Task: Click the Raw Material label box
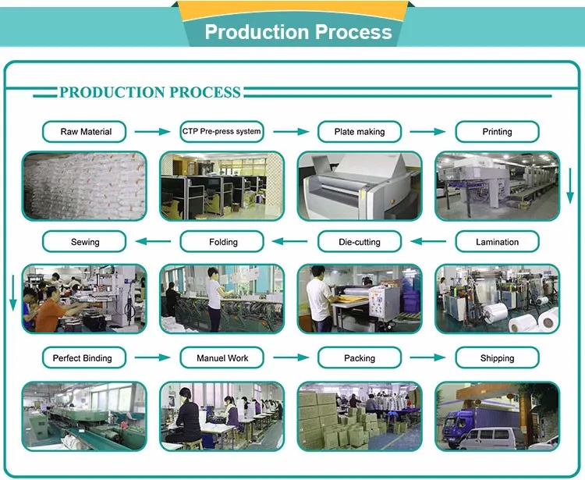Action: pyautogui.click(x=86, y=132)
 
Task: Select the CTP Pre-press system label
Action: pyautogui.click(x=222, y=132)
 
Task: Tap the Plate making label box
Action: pyautogui.click(x=360, y=132)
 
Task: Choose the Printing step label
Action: pyautogui.click(x=497, y=132)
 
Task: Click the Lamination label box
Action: pyautogui.click(x=497, y=242)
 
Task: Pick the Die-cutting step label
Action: pyautogui.click(x=360, y=242)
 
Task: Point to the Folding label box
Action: pyautogui.click(x=223, y=242)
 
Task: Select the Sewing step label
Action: pyautogui.click(x=86, y=242)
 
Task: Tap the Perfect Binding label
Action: pyautogui.click(x=83, y=358)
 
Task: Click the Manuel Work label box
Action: pyautogui.click(x=223, y=358)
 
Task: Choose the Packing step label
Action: pyautogui.click(x=360, y=358)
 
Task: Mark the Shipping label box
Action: pyautogui.click(x=497, y=358)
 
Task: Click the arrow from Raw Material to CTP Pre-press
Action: pyautogui.click(x=152, y=132)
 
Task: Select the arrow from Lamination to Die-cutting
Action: pyautogui.click(x=427, y=241)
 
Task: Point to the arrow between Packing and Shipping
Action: pyautogui.click(x=427, y=358)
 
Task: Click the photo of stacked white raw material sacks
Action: pyautogui.click(x=84, y=186)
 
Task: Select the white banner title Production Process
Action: pyautogui.click(x=298, y=32)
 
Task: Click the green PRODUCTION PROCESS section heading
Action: pyautogui.click(x=150, y=93)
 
